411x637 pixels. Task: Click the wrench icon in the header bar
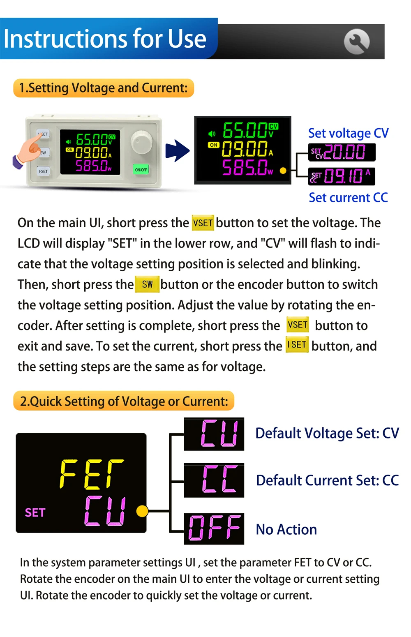pos(356,42)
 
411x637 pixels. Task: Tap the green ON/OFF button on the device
pos(141,169)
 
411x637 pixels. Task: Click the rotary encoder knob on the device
pos(142,142)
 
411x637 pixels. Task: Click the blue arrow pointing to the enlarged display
pos(178,150)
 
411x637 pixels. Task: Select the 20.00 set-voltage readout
pos(342,152)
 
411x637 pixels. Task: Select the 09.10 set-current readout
pos(342,176)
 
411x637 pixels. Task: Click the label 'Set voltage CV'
pos(348,133)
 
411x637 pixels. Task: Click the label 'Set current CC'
pos(348,198)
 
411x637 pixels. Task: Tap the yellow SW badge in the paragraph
pos(147,284)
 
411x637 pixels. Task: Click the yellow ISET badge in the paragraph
pos(297,345)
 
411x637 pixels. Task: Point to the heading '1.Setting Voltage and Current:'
pos(104,88)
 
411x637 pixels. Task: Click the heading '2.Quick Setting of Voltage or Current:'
pos(124,401)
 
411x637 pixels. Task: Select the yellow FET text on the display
pos(92,474)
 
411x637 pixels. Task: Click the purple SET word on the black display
pos(35,512)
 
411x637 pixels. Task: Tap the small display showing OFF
pos(214,529)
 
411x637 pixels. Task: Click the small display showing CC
pos(214,480)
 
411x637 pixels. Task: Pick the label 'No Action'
pos(286,530)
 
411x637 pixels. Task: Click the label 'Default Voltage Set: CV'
pos(327,434)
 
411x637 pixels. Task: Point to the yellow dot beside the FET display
pos(142,511)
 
